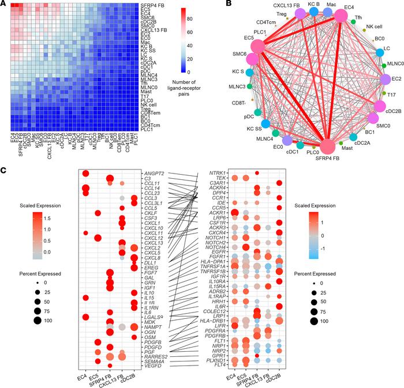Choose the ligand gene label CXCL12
[x=153, y=237]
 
